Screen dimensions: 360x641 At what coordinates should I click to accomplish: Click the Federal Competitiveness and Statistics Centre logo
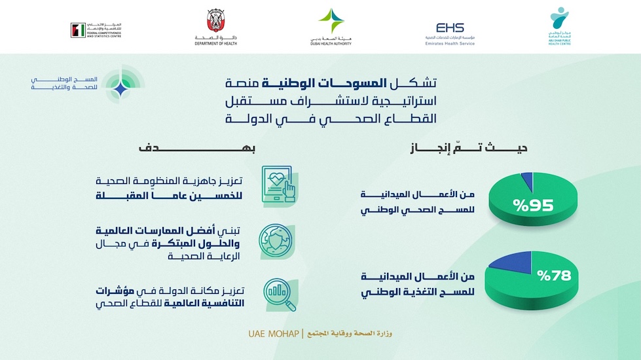[96, 29]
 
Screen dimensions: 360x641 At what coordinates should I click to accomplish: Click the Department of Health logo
[215, 27]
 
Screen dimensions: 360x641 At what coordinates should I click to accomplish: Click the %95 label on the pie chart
[534, 206]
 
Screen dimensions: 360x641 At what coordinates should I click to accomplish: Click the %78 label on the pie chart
[554, 275]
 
